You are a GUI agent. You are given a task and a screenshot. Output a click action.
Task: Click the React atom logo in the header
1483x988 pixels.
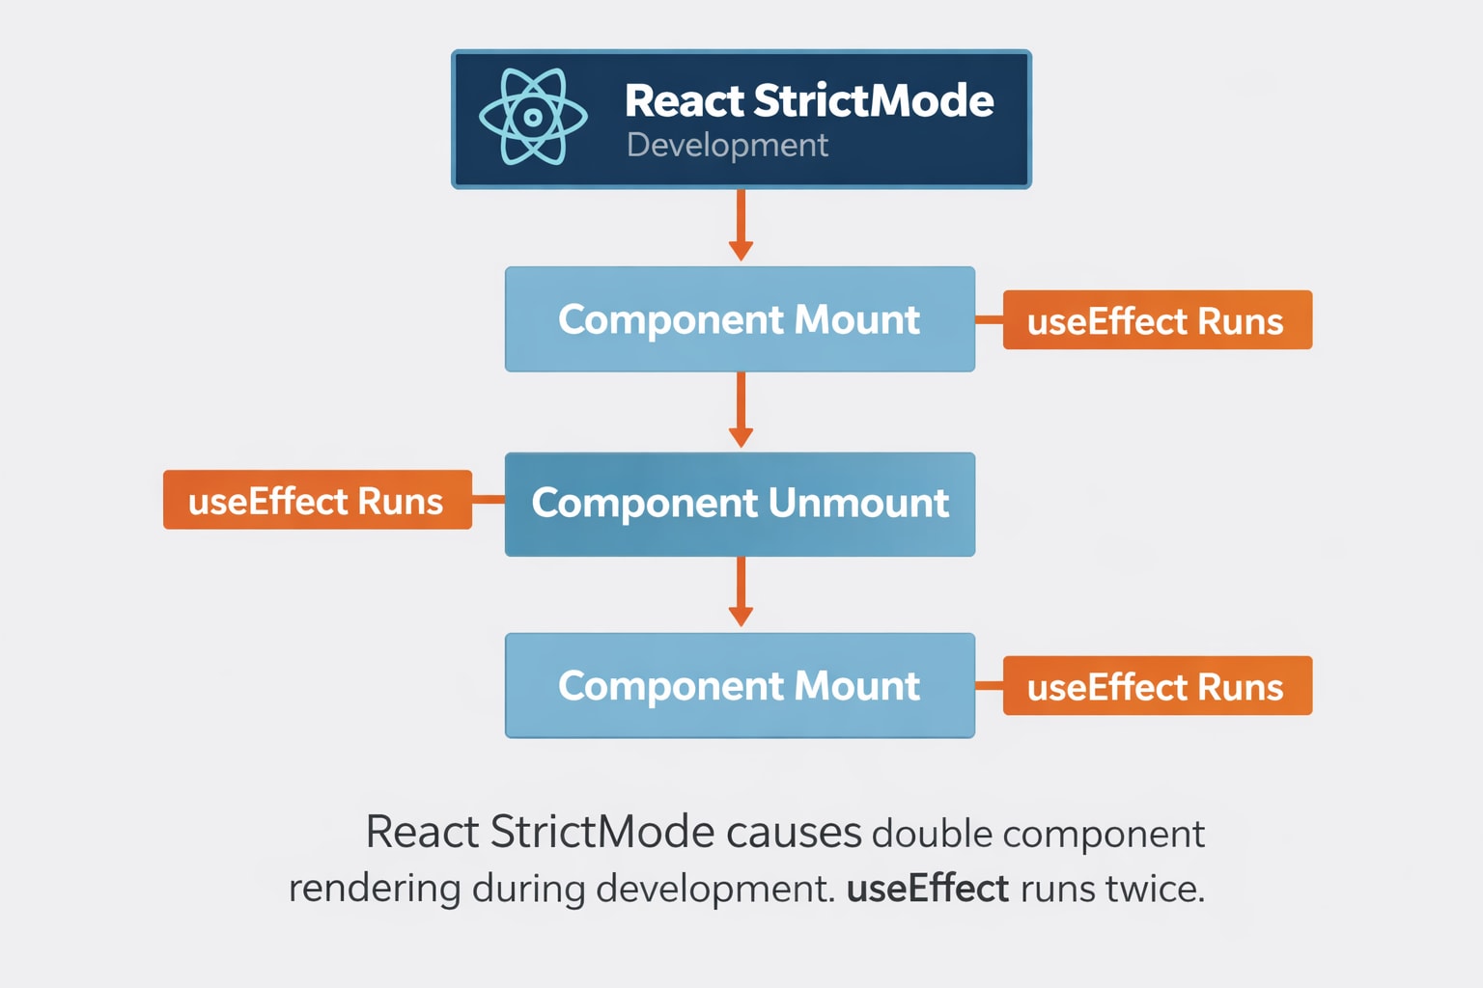(533, 118)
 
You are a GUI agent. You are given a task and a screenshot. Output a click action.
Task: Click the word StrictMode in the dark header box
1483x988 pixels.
(873, 100)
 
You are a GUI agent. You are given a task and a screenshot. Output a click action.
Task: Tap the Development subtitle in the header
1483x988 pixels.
(727, 145)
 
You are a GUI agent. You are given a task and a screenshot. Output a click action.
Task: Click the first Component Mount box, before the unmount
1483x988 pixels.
(740, 319)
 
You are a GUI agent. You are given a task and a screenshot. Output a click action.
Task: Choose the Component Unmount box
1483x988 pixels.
(740, 504)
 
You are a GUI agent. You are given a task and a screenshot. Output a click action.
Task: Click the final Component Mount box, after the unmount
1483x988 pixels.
(740, 686)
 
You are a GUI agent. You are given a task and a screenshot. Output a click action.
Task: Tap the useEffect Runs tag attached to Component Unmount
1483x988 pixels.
(317, 500)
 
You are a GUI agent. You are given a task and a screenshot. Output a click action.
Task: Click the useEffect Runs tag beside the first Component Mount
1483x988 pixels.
(1157, 320)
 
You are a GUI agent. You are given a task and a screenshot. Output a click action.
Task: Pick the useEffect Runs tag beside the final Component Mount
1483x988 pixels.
(1157, 686)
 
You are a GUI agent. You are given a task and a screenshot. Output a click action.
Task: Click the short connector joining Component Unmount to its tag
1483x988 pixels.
(489, 500)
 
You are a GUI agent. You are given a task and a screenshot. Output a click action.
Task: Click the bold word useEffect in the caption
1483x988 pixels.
(928, 889)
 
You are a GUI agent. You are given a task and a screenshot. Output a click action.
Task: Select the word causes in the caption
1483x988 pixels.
(794, 833)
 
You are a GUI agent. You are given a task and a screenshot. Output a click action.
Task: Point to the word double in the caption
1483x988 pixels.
(932, 834)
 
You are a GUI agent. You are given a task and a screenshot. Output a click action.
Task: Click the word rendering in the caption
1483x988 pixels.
(375, 889)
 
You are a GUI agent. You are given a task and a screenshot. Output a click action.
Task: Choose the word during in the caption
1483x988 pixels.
(528, 889)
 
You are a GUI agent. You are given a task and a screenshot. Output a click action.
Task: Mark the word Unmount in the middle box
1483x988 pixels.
(858, 504)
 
